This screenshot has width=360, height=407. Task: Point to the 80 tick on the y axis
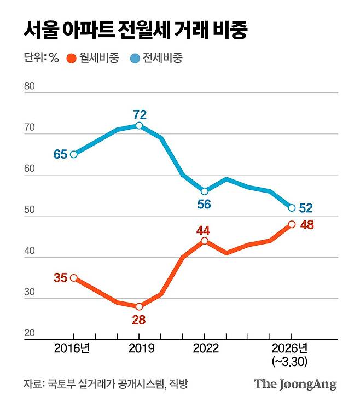coord(30,87)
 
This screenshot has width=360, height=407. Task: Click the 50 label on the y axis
coord(30,211)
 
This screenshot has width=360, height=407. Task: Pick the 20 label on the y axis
coord(30,334)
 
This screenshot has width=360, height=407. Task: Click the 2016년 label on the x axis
coord(73,349)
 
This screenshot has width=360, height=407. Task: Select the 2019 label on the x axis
coord(139,349)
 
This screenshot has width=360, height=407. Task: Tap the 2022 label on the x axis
coord(205,349)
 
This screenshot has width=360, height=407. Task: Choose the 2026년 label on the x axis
coord(292,349)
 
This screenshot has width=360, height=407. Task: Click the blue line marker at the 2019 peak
coord(139,126)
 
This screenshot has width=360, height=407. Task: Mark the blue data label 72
coord(140,114)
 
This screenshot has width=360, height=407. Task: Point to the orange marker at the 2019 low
coord(139,306)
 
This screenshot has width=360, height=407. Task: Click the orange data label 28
coord(140,319)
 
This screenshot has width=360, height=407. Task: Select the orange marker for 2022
coord(205,241)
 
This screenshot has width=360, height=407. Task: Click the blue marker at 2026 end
coord(292,208)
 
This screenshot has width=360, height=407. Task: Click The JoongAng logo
coord(295,384)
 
